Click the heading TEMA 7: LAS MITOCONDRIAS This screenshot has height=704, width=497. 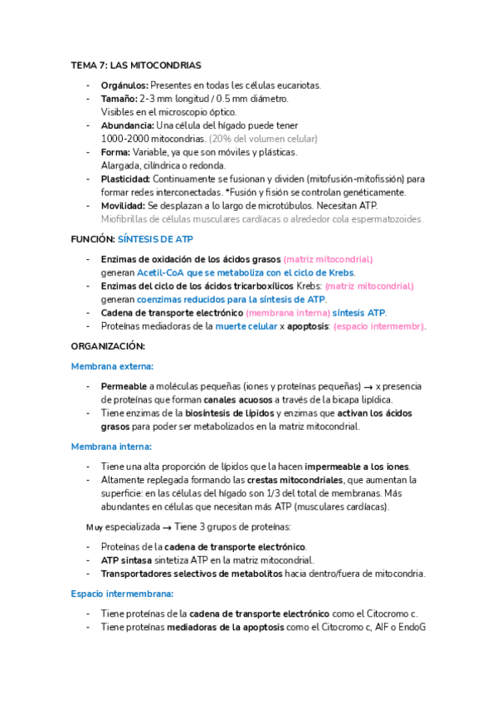coord(136,65)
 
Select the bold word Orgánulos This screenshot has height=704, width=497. coord(124,86)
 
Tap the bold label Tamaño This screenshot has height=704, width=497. coord(119,99)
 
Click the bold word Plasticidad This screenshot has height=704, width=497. coord(125,178)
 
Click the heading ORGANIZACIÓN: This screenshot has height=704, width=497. coord(107,346)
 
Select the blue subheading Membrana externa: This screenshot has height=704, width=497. coord(112,366)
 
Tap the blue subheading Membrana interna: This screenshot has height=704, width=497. coord(110,447)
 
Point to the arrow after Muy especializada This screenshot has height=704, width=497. coord(166,527)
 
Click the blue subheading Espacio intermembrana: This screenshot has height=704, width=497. coord(122,594)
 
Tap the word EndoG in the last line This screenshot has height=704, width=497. coord(411,627)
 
